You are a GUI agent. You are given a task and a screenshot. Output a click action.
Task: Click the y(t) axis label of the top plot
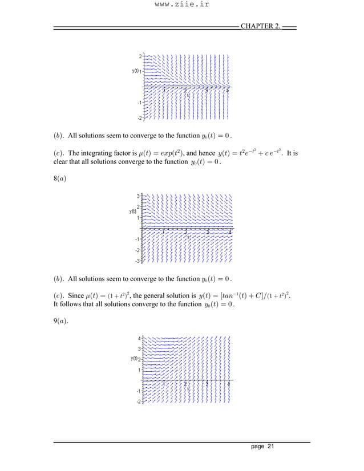click(135, 71)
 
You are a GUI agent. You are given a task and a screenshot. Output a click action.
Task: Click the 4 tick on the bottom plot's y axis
click(139, 338)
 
